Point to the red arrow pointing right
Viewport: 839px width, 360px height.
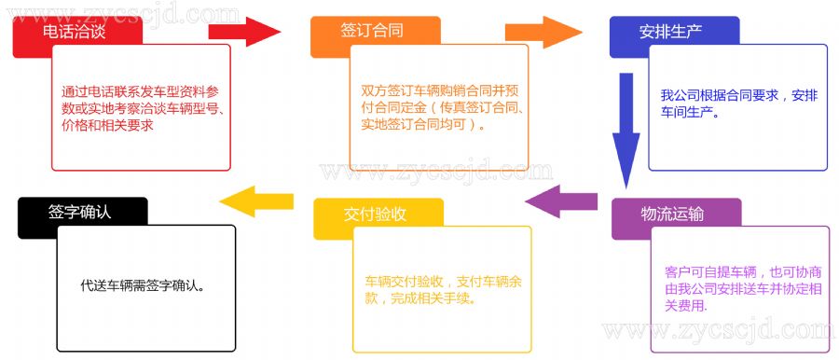[244, 32]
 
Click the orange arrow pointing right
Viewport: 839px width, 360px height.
[543, 32]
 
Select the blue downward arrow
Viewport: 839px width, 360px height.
[626, 131]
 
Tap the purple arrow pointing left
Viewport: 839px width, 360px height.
[561, 201]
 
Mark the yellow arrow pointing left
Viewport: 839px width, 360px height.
[256, 201]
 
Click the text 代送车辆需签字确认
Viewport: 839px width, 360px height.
[144, 285]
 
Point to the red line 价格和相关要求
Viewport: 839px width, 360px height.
[107, 125]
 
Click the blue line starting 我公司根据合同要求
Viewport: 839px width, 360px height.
[739, 96]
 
